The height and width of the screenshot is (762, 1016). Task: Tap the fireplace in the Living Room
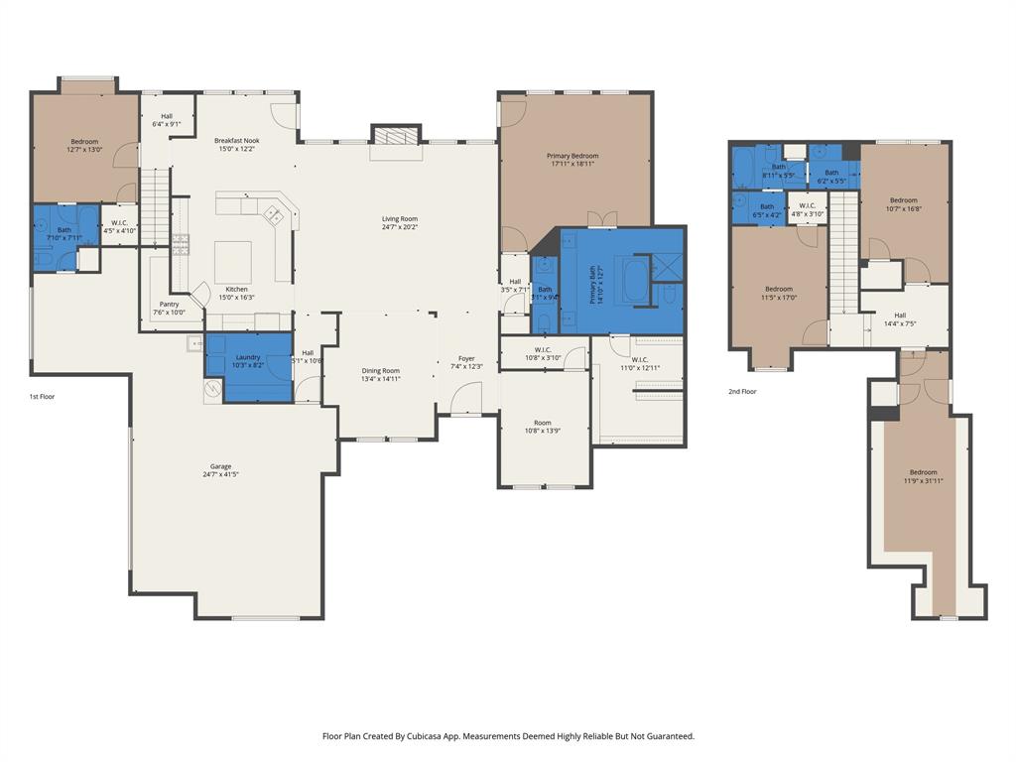click(x=397, y=136)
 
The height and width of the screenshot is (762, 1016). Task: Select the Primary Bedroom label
click(x=572, y=156)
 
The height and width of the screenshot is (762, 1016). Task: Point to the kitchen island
click(x=233, y=261)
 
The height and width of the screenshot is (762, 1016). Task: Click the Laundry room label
click(x=248, y=357)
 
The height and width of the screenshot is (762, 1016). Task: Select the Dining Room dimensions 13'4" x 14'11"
click(x=381, y=378)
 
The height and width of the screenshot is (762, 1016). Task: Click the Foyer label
click(x=466, y=358)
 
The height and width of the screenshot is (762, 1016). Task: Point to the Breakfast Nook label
click(x=237, y=141)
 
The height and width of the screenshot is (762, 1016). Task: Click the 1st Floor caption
click(x=43, y=396)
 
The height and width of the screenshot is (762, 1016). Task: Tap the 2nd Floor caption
click(x=742, y=392)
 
